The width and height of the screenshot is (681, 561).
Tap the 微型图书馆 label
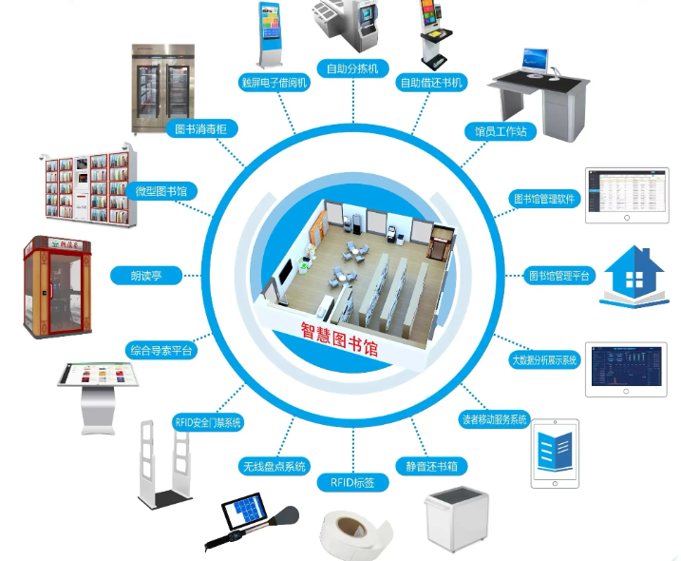(161, 191)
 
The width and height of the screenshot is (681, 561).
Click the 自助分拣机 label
(352, 68)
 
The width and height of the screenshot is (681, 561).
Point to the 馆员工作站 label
(501, 129)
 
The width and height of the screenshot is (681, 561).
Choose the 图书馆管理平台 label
(560, 276)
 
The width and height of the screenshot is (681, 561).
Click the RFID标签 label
(352, 483)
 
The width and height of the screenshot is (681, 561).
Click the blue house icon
(634, 277)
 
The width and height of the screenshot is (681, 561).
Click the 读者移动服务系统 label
(492, 419)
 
